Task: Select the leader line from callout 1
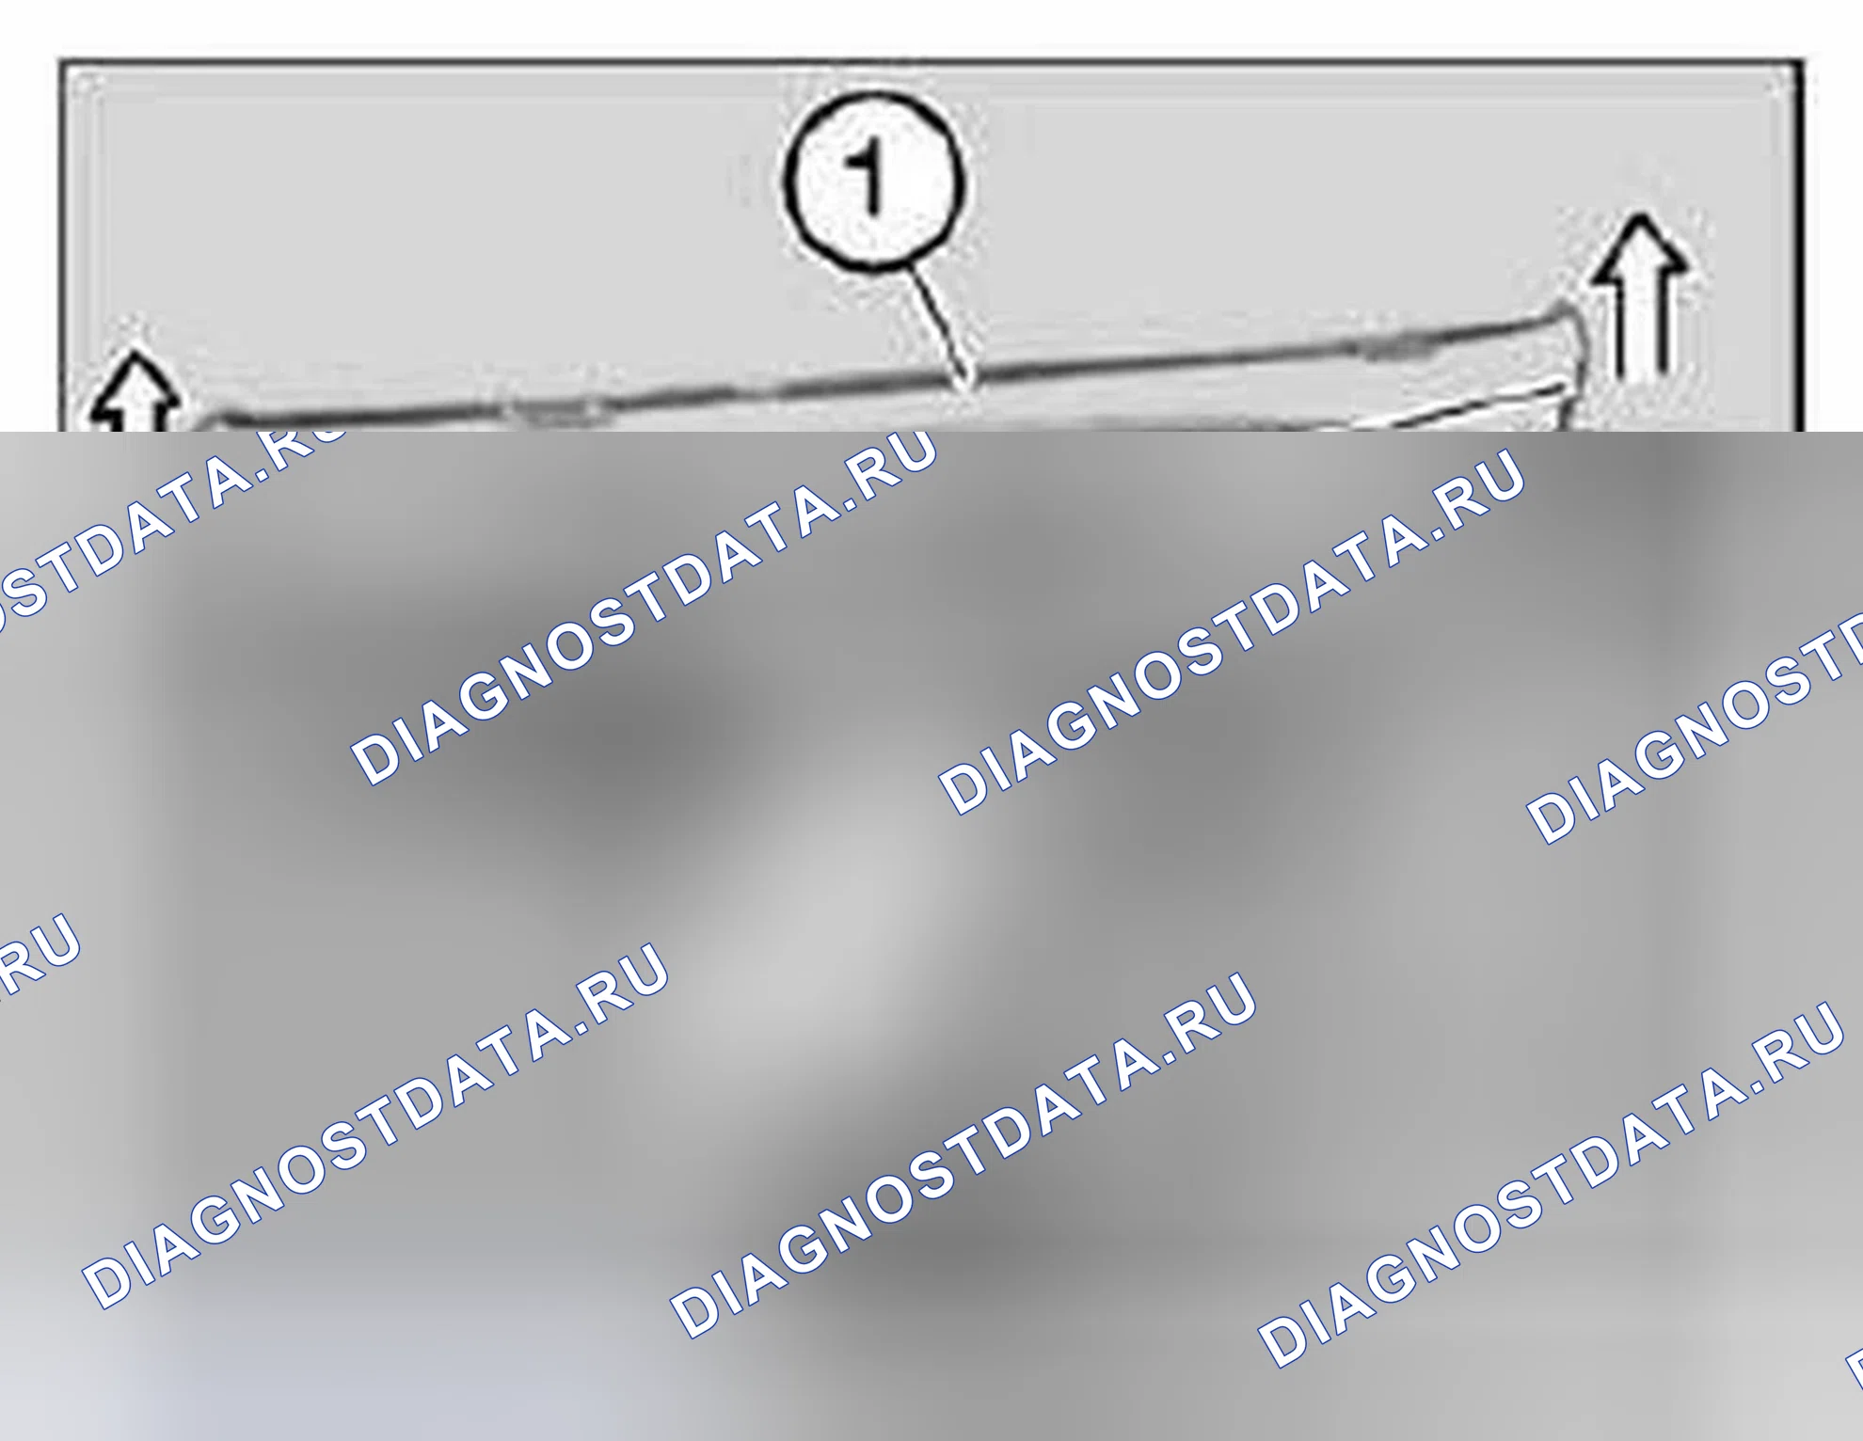[942, 325]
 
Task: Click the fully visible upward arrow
[1641, 297]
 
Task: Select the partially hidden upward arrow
[135, 393]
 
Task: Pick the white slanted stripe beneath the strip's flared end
[1468, 406]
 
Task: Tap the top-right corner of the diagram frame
[1800, 63]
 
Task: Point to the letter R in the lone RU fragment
[13, 969]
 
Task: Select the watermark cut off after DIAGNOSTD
[1694, 729]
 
